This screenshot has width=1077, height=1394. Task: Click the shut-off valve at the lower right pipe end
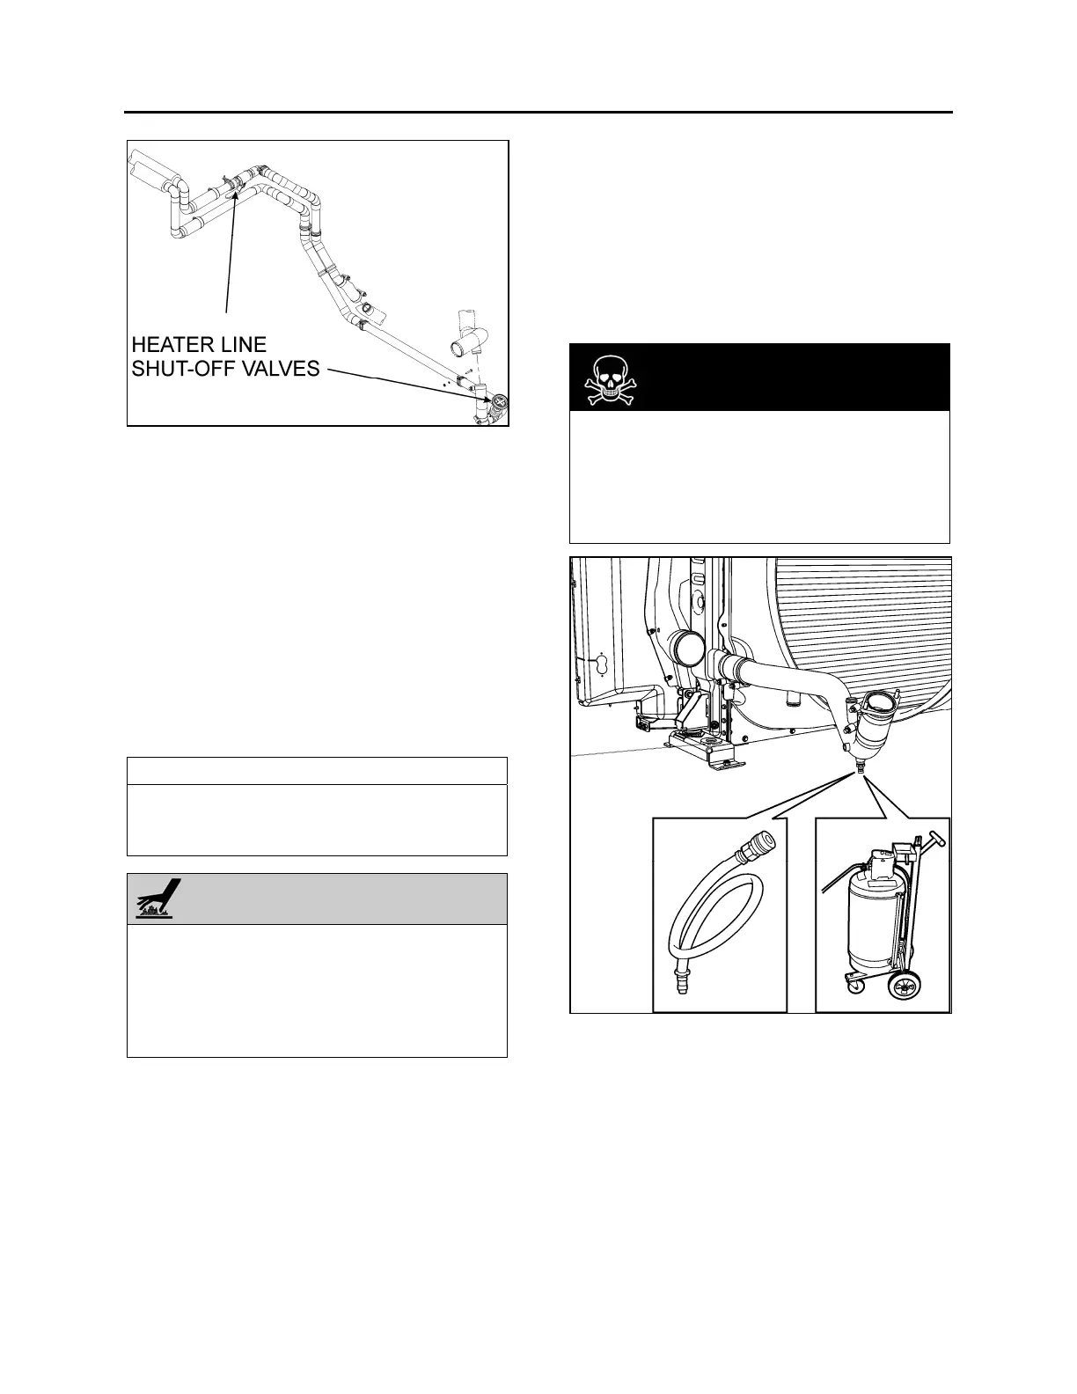(498, 405)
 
